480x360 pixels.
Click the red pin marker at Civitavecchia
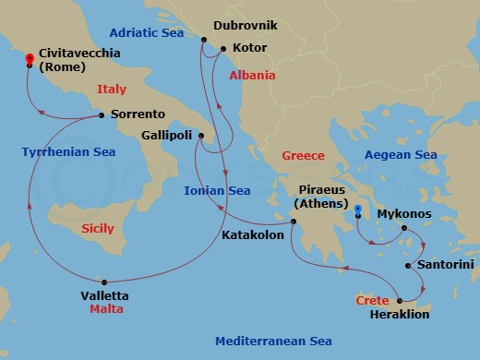pyautogui.click(x=30, y=60)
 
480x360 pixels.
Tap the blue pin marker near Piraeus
pyautogui.click(x=358, y=210)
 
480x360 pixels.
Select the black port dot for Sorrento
pyautogui.click(x=102, y=115)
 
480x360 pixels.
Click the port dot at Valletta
pyautogui.click(x=104, y=282)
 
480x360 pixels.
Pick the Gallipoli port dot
pyautogui.click(x=200, y=135)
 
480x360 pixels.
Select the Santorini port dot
pyautogui.click(x=408, y=266)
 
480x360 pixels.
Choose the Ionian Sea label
pyautogui.click(x=218, y=191)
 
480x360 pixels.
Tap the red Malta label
pyautogui.click(x=107, y=310)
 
